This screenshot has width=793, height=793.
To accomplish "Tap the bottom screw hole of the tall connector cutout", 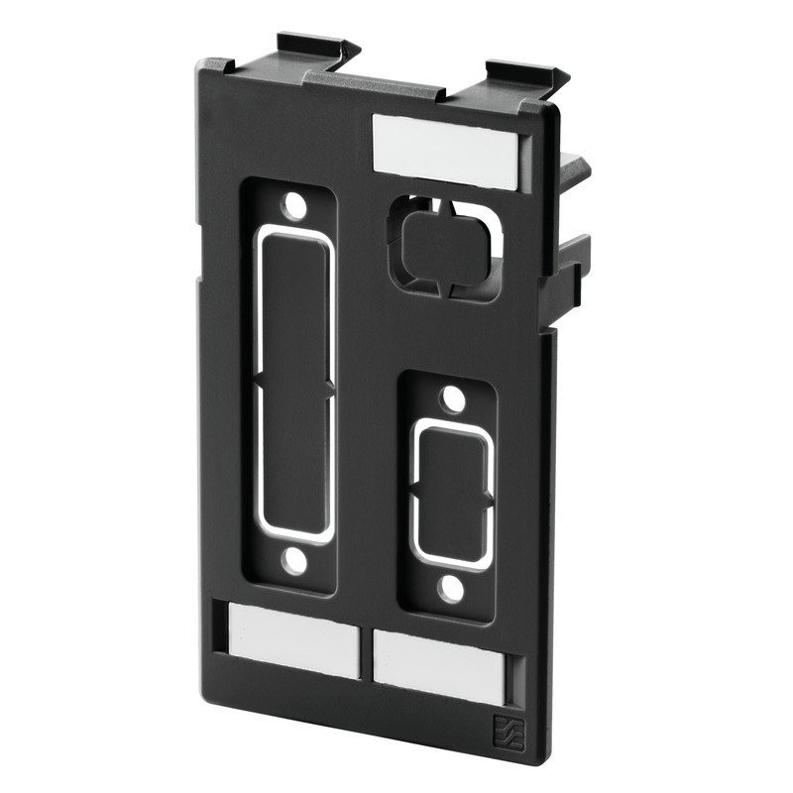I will (x=293, y=563).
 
